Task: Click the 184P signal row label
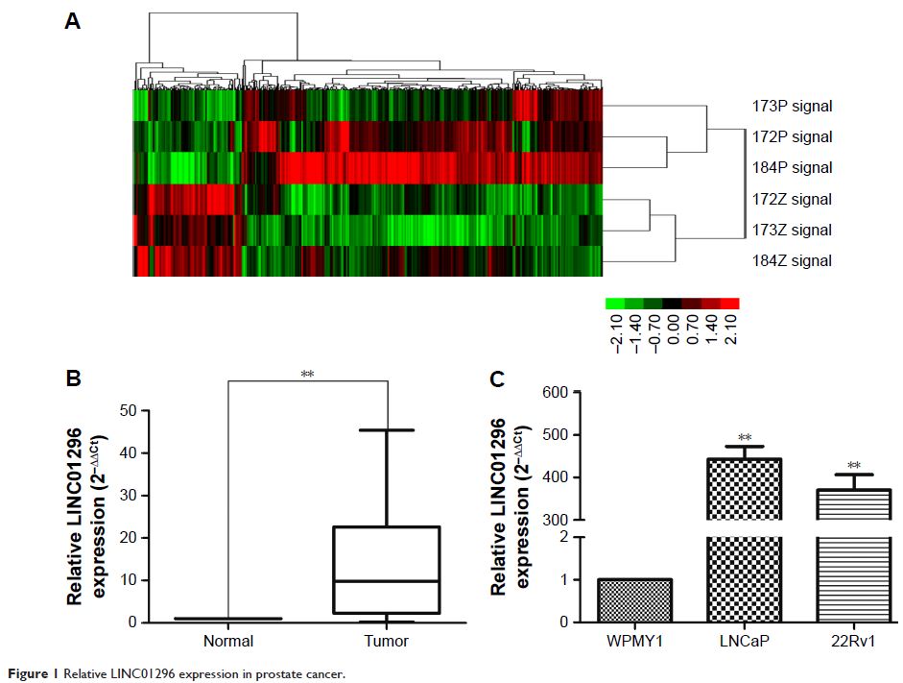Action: pyautogui.click(x=792, y=168)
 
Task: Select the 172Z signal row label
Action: pyautogui.click(x=792, y=199)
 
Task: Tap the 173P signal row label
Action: pyautogui.click(x=792, y=106)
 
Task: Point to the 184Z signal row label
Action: pyautogui.click(x=792, y=261)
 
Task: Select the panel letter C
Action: pyautogui.click(x=497, y=378)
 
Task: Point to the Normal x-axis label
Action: pyautogui.click(x=228, y=641)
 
